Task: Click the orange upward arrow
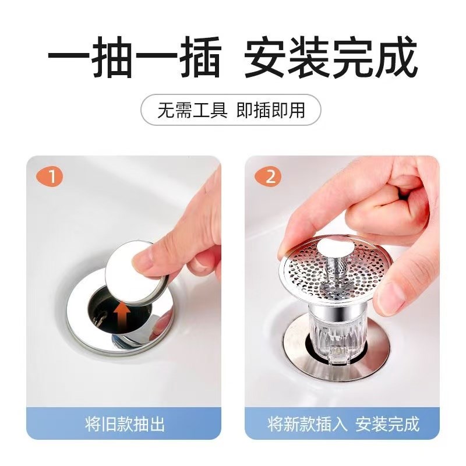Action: [x=122, y=317]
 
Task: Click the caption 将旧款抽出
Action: [x=123, y=423]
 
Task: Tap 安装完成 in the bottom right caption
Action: [x=387, y=423]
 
